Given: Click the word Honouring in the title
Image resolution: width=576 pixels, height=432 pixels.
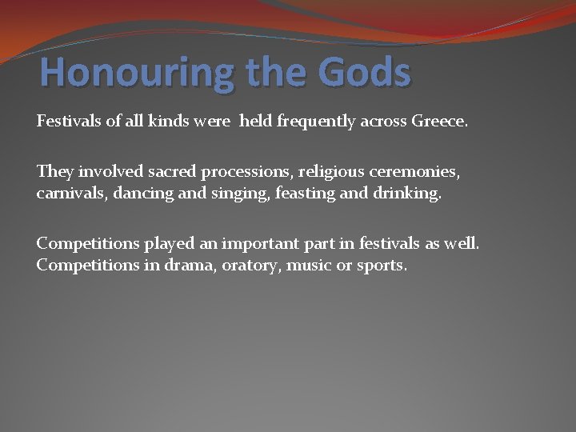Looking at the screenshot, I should pos(137,73).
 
